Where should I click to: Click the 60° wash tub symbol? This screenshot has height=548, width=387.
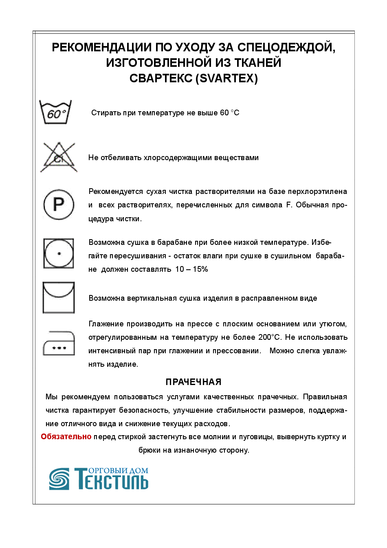pos(55,112)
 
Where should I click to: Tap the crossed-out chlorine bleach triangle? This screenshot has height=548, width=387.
pos(59,157)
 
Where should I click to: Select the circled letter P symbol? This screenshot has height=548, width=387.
pos(59,204)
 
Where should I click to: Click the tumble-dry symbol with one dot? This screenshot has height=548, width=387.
pos(59,253)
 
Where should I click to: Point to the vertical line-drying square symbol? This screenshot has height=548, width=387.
pos(59,298)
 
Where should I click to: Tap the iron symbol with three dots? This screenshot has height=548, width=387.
pos(59,343)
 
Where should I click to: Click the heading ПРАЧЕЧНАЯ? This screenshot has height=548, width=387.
pos(193,382)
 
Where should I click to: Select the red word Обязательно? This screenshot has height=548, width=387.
pos(66,436)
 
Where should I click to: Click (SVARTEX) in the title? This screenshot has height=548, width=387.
pos(227,79)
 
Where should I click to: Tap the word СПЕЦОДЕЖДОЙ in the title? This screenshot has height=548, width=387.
pos(286,47)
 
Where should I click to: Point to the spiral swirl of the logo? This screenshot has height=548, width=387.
pos(59,479)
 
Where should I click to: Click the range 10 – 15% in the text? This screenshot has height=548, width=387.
pos(191,269)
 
